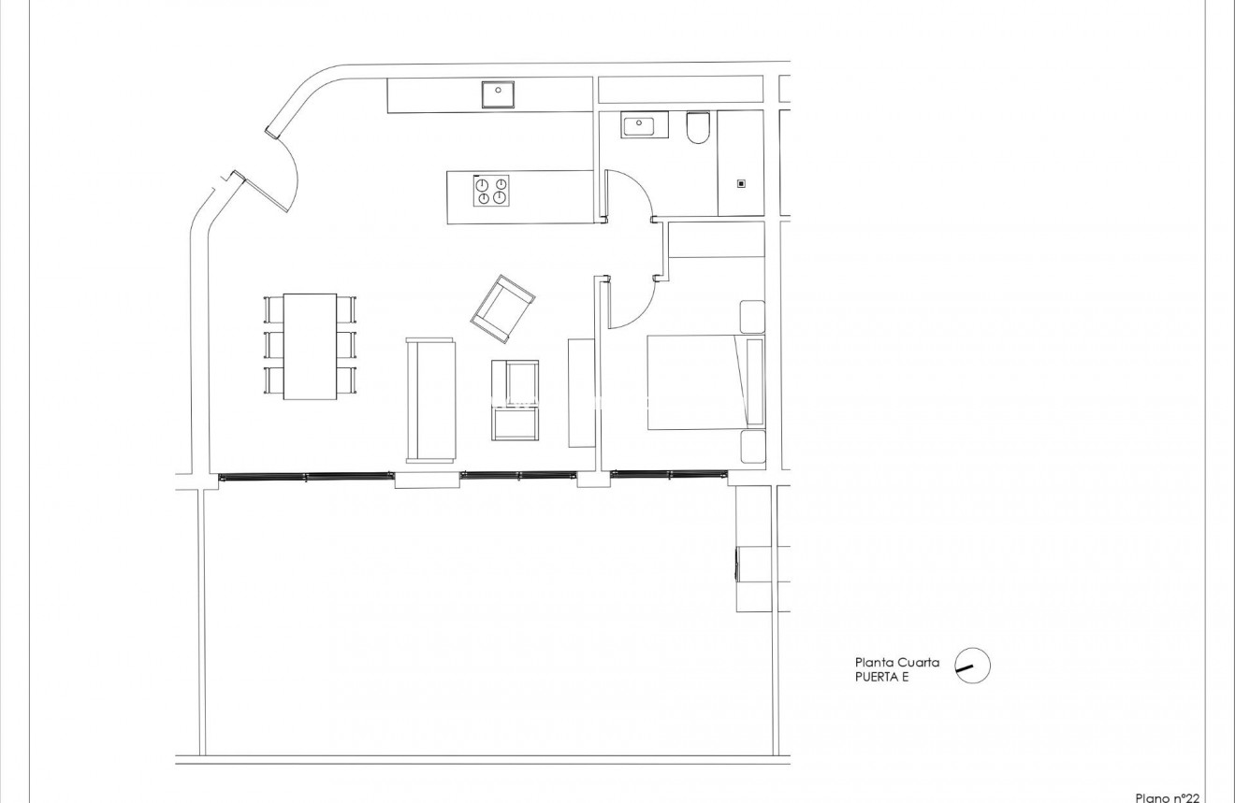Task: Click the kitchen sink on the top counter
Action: click(x=500, y=94)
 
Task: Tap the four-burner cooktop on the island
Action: click(x=491, y=190)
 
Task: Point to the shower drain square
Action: click(x=741, y=184)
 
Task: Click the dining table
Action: click(x=310, y=346)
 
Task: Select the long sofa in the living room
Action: click(x=430, y=400)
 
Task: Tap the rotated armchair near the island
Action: click(x=503, y=308)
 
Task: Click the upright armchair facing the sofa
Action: click(x=516, y=400)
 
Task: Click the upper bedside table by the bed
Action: click(x=752, y=316)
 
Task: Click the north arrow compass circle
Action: click(x=972, y=667)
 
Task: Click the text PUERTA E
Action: click(x=881, y=678)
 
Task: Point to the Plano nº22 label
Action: click(x=1167, y=796)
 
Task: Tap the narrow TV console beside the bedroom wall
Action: click(x=581, y=393)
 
